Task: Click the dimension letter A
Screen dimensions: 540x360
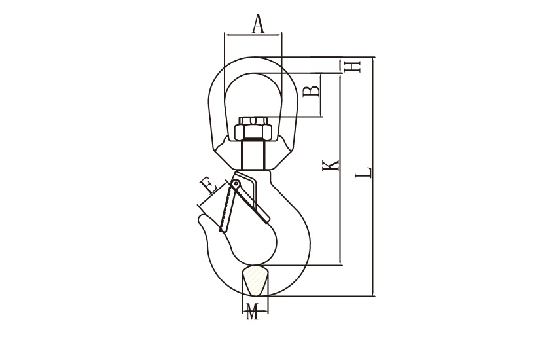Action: (x=259, y=24)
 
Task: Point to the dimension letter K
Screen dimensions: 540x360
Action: (x=331, y=165)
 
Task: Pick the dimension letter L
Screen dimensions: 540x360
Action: (x=363, y=172)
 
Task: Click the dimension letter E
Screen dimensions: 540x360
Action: (x=209, y=187)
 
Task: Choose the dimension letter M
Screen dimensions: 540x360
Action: (x=253, y=312)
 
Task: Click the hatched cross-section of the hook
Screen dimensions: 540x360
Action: (x=255, y=280)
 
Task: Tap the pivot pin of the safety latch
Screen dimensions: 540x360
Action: (x=236, y=184)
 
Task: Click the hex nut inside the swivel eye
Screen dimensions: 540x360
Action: (x=253, y=132)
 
